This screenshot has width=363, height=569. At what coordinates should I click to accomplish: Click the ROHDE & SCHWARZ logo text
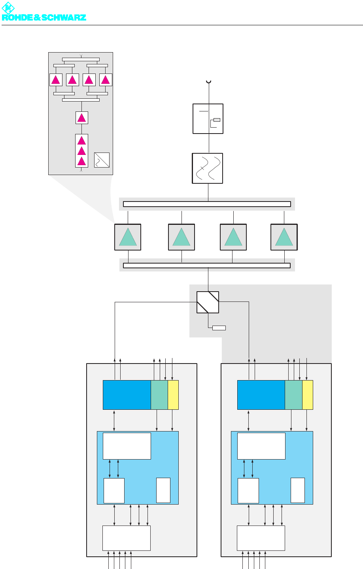(44, 17)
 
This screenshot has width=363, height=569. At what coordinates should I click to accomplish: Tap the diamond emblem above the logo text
(8, 8)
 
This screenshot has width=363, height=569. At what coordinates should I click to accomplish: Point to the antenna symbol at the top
(208, 82)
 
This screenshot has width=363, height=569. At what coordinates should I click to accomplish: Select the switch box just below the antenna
(208, 119)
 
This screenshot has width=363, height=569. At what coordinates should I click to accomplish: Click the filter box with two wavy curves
(208, 168)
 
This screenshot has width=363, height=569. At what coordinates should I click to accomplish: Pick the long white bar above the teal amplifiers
(207, 204)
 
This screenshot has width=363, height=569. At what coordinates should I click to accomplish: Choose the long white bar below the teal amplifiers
(207, 265)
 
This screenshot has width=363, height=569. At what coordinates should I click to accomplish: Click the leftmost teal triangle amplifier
(128, 237)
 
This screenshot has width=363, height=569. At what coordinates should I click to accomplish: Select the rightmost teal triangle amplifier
(284, 237)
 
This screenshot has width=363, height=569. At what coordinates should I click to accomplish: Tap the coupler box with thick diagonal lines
(208, 302)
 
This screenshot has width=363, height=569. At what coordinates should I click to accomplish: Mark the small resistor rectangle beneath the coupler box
(219, 328)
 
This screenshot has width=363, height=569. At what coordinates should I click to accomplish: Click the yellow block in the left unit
(173, 395)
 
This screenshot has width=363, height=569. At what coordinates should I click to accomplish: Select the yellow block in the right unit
(308, 395)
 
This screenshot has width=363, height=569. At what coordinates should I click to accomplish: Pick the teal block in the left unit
(159, 395)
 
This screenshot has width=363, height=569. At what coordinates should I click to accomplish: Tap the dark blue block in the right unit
(261, 395)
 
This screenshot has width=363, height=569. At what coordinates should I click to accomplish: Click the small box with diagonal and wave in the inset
(102, 160)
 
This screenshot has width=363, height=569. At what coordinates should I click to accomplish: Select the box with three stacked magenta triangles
(81, 151)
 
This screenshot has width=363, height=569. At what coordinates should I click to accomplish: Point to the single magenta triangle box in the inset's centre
(81, 118)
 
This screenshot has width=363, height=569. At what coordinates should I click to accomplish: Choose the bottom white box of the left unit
(127, 538)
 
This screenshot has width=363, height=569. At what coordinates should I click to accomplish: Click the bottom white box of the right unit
(261, 538)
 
